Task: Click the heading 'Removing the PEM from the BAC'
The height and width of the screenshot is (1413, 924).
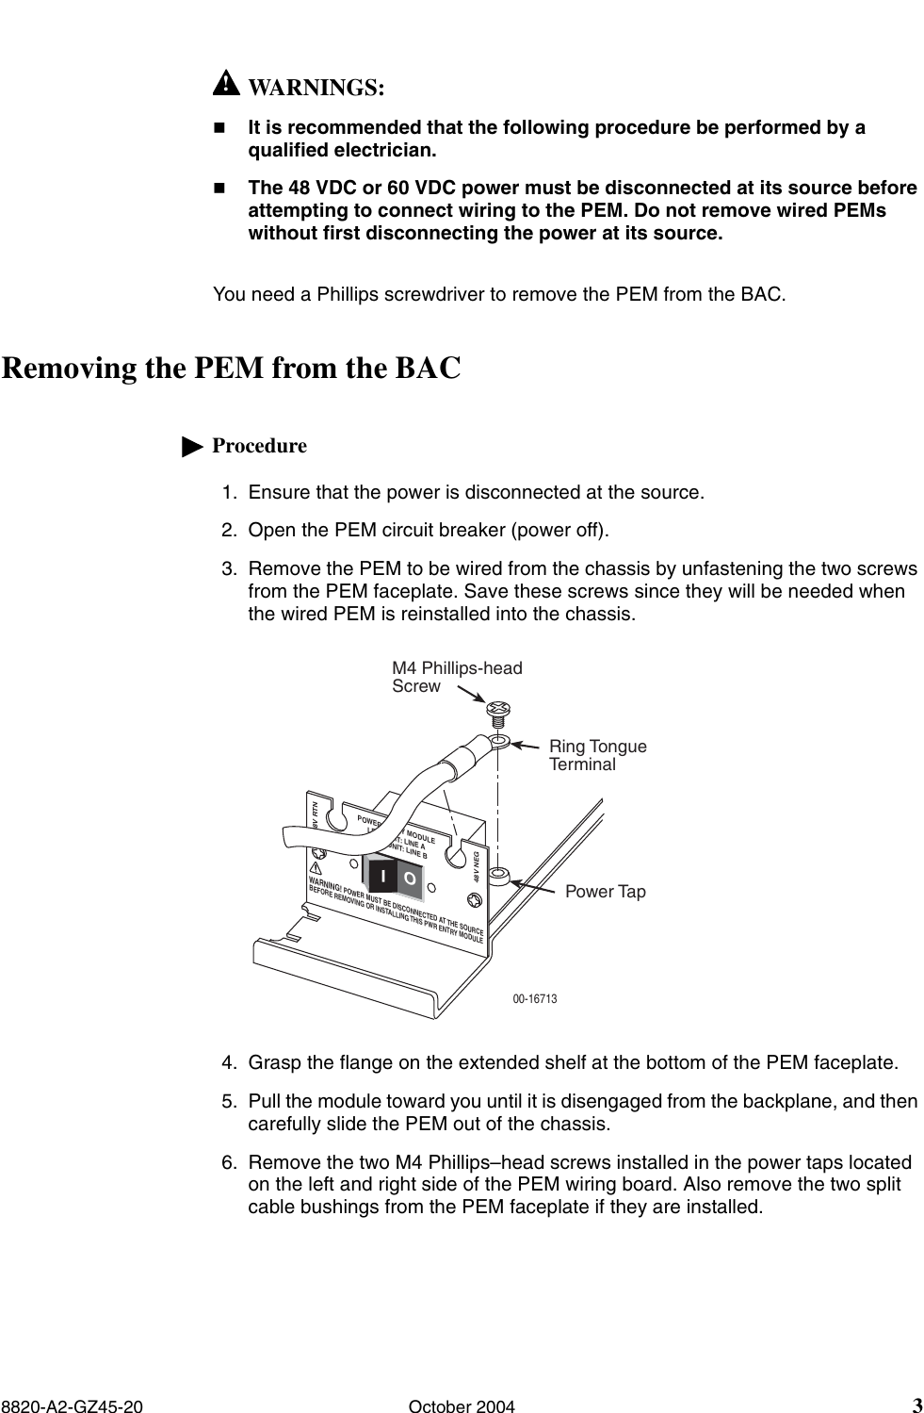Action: coord(232,368)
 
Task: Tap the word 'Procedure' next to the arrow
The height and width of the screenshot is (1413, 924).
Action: coord(259,446)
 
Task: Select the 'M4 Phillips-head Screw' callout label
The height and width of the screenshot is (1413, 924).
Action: coord(456,677)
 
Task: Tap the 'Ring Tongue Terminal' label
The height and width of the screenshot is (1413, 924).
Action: coord(597,755)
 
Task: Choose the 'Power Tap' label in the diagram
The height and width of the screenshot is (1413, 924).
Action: coord(605,891)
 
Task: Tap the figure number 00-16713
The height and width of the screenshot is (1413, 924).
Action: coord(534,998)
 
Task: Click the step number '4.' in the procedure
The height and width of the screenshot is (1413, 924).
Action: coord(229,1063)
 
